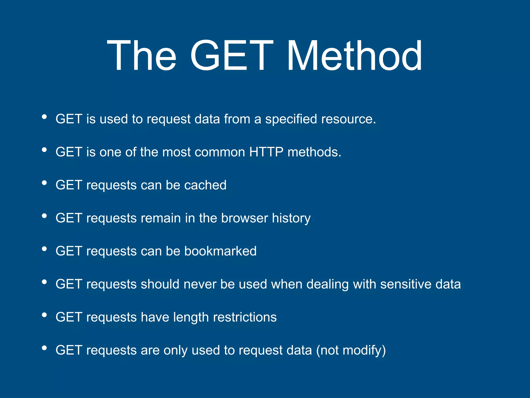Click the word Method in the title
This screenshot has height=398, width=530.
click(355, 55)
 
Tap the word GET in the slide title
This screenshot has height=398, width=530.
click(232, 55)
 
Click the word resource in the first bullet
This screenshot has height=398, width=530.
click(348, 119)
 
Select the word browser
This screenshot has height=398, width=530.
click(245, 218)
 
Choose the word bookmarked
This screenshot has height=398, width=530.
click(220, 251)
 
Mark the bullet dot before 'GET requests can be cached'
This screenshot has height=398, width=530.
click(44, 183)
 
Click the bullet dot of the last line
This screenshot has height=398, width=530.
click(44, 348)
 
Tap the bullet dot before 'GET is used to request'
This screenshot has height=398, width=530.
click(44, 117)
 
